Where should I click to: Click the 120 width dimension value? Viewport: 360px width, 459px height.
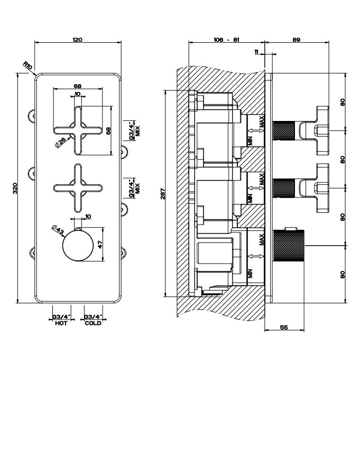point(78,39)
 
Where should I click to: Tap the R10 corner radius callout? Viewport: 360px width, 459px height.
point(28,66)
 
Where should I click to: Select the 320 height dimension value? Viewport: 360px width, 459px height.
point(15,188)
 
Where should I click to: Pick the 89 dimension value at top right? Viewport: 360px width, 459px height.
point(296,39)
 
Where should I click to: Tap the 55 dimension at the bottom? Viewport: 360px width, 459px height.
point(283,327)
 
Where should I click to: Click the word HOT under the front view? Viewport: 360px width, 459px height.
point(61,323)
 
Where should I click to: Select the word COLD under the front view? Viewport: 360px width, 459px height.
point(93,323)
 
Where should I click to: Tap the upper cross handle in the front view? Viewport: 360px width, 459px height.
point(78,130)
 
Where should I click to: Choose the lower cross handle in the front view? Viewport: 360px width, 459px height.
point(78,188)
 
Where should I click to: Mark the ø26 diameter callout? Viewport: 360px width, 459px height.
point(60,142)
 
